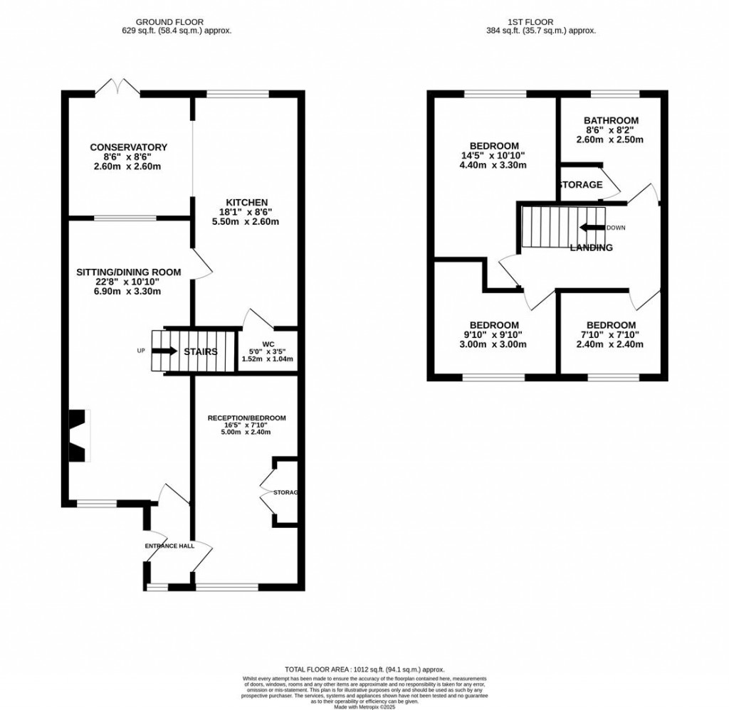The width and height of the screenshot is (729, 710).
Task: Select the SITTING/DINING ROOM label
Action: (x=129, y=272)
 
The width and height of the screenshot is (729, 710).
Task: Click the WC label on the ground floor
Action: (x=268, y=344)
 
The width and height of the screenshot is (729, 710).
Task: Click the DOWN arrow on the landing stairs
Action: (x=591, y=228)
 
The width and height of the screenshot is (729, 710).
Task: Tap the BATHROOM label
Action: (x=611, y=120)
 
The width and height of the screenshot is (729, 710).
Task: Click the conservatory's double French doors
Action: (x=117, y=88)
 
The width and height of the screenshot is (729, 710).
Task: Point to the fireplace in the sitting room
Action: (x=77, y=435)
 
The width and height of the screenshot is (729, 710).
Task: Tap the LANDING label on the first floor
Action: (x=591, y=248)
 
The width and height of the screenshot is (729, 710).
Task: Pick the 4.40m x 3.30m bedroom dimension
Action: (x=494, y=166)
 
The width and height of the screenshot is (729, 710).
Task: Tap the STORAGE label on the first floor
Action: (x=580, y=185)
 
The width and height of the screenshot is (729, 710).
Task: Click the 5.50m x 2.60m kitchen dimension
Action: (x=246, y=222)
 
